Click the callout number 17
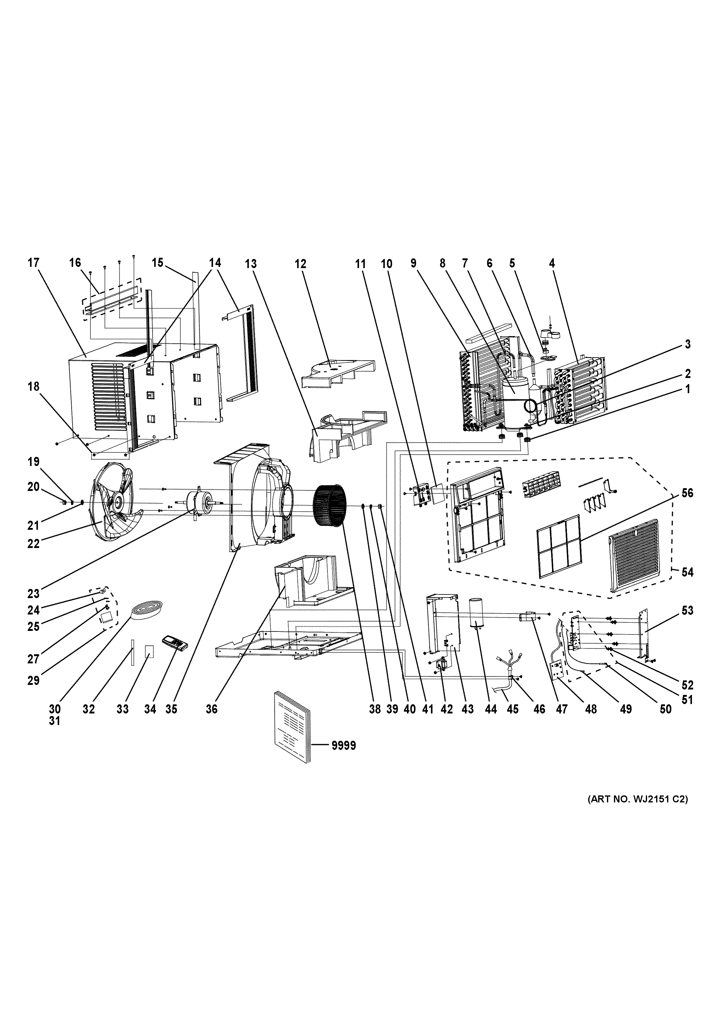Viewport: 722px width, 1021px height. coord(34,263)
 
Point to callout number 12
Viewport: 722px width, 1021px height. coord(300,264)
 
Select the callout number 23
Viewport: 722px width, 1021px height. coord(33,593)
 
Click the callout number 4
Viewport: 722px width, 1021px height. coord(552,263)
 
